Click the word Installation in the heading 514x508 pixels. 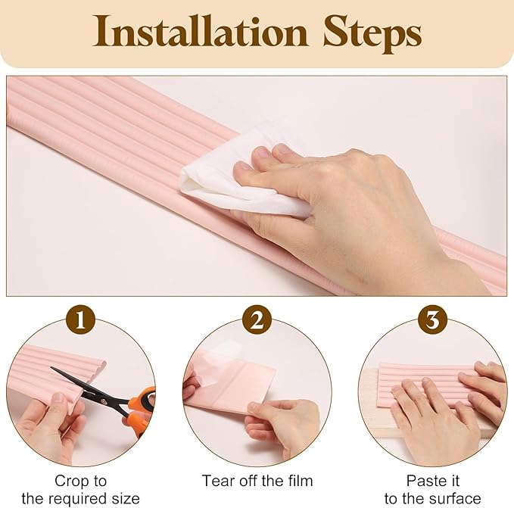200,32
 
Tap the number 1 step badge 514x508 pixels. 81,320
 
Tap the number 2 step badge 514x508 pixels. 257,320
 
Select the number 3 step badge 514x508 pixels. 432,320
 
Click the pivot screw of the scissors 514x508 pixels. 104,400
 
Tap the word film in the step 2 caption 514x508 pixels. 299,481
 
